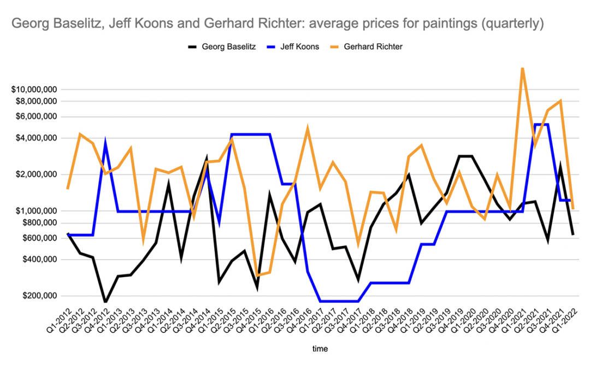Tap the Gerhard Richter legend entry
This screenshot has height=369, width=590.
click(x=374, y=47)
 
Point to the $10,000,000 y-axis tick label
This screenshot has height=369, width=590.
click(x=36, y=89)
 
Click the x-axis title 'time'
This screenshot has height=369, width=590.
click(x=320, y=348)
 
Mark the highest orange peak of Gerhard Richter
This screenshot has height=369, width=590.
click(x=523, y=68)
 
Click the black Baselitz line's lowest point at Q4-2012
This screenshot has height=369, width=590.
click(x=105, y=302)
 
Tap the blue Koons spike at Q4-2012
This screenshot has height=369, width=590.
click(x=105, y=143)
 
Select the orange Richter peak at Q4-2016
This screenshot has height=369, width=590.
click(x=308, y=129)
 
